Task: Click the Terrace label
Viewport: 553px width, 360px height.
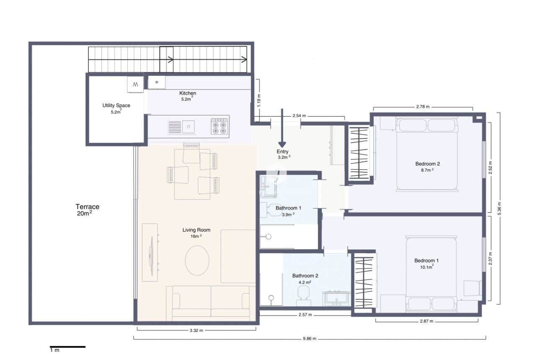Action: pos(87,207)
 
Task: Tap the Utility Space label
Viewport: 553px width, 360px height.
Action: pos(116,106)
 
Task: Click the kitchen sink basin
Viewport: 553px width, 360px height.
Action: pos(189,126)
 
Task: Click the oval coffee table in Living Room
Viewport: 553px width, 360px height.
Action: pos(197,260)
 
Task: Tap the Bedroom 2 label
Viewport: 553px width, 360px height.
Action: pos(427,164)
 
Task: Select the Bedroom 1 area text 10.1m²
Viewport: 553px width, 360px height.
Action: pos(427,267)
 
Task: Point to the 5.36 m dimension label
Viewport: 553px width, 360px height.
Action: pos(499,208)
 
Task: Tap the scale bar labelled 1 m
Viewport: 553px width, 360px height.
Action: pos(67,347)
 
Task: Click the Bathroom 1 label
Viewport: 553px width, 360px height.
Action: pos(288,208)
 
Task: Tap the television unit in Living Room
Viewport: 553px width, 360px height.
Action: pos(150,252)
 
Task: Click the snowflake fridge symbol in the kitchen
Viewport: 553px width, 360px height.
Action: pos(157,82)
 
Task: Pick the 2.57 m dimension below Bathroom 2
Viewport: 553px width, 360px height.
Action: pos(305,315)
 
